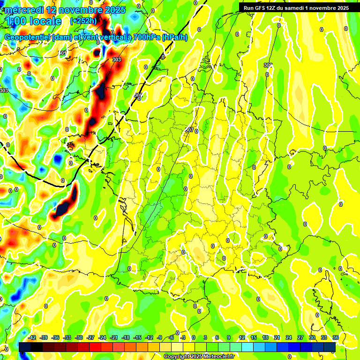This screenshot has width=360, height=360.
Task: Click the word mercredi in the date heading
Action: (24, 10)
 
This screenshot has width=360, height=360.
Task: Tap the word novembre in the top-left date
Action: (83, 10)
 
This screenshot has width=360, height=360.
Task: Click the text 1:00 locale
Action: (33, 21)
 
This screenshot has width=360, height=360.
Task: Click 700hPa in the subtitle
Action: (145, 37)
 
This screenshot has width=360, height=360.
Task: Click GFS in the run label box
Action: (261, 8)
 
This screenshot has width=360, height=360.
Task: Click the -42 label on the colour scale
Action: (32, 337)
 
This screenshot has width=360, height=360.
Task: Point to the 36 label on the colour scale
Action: (335, 337)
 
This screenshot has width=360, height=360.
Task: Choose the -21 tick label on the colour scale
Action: (113, 337)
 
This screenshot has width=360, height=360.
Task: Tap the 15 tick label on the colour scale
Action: (253, 337)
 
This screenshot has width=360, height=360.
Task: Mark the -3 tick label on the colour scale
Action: (183, 337)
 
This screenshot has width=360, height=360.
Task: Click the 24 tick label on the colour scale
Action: (288, 337)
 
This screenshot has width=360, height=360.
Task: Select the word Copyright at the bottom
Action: (177, 357)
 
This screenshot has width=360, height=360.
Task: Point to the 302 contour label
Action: (268, 65)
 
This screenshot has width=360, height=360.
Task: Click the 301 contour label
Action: (62, 53)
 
